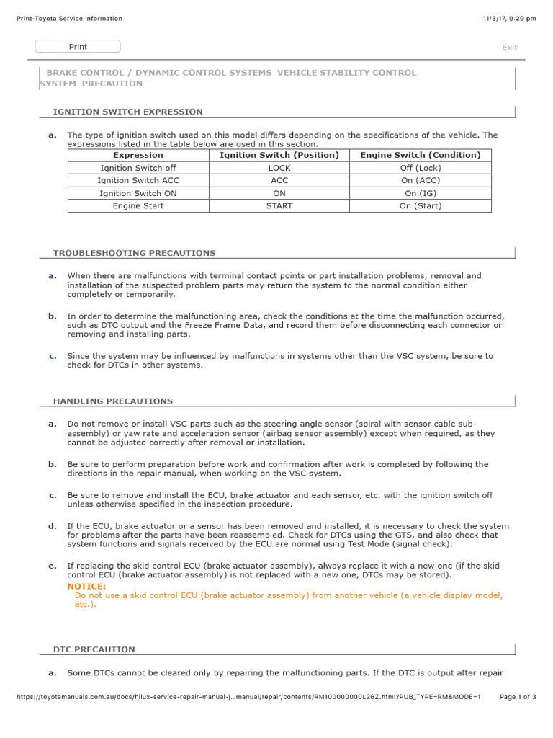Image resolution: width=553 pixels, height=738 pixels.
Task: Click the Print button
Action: (78, 47)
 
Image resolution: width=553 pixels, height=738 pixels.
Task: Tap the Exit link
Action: (509, 48)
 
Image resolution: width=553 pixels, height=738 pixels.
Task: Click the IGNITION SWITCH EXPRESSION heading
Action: (128, 112)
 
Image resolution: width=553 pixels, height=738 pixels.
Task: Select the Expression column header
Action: (138, 155)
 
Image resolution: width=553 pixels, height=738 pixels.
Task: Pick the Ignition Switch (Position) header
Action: (279, 155)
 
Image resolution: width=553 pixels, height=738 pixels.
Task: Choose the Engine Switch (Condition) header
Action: (420, 155)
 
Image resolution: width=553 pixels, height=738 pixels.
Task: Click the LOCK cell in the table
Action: (279, 168)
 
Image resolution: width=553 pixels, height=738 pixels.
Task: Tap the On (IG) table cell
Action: (420, 193)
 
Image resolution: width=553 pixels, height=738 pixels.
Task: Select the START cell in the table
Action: (279, 205)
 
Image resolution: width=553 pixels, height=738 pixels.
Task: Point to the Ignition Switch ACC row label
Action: (138, 180)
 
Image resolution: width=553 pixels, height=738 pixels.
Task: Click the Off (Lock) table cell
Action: (420, 168)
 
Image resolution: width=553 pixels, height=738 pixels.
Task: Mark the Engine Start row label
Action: (138, 205)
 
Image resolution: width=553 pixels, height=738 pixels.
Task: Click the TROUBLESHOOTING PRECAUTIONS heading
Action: (134, 253)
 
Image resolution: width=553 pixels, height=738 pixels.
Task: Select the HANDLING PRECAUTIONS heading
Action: (113, 401)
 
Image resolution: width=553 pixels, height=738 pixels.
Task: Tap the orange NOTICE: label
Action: (86, 587)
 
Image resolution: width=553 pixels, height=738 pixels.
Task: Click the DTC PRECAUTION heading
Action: (94, 649)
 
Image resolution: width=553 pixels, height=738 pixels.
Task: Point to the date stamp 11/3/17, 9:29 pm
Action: (510, 19)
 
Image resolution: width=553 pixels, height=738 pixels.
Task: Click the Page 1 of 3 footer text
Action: (518, 697)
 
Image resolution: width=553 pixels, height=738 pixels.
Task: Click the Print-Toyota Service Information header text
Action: (69, 19)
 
